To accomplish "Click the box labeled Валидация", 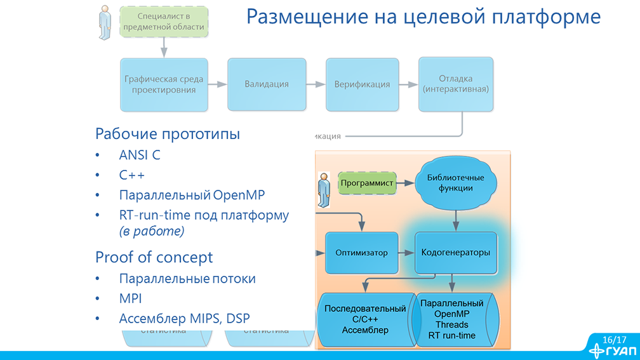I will (267, 84).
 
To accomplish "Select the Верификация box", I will (362, 84).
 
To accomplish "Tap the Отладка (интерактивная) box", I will (456, 84).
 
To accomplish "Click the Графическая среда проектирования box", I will (164, 84).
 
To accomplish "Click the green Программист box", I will (367, 183).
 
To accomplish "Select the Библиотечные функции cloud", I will (455, 183).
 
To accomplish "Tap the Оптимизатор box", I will (361, 252).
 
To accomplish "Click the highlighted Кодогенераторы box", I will (455, 252).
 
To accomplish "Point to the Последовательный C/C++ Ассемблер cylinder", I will (364, 319).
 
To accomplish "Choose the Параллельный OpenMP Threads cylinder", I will (452, 319).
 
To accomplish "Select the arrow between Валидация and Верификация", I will (316, 84).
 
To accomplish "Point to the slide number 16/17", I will (614, 340).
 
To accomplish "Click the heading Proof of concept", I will (154, 257).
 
